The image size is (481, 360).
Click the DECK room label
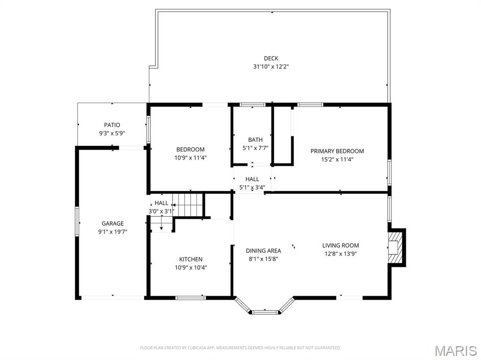tap(271, 58)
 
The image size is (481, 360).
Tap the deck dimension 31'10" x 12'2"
tap(271, 67)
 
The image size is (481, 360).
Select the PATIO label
tap(112, 125)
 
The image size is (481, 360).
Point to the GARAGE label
tap(113, 223)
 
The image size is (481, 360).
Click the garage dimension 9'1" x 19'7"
tap(113, 232)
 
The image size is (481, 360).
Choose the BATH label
tap(255, 140)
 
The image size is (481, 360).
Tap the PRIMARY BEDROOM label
tap(337, 151)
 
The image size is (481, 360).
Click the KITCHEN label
tap(191, 259)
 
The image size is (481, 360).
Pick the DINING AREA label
tap(264, 251)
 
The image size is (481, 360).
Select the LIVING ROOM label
tap(341, 245)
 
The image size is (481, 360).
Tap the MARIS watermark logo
tap(456, 351)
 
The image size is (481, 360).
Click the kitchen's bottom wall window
tap(191, 298)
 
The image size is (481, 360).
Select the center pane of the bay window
tap(265, 312)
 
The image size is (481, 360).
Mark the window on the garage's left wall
tap(77, 221)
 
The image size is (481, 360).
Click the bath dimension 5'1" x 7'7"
tap(255, 148)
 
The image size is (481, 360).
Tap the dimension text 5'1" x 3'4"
tap(252, 187)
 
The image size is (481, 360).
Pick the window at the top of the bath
tap(252, 105)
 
